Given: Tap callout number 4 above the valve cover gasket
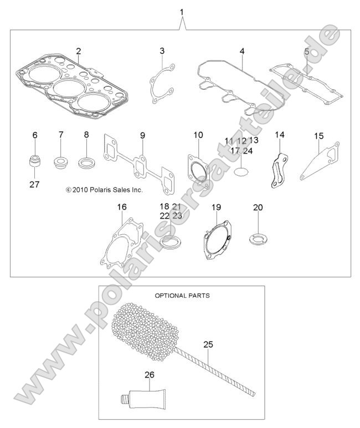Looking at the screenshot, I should coord(242,51).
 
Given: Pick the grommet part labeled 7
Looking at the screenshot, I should coord(61,163).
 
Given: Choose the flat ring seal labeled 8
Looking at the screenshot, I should coord(86,163).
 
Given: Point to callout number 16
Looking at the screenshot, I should coord(122,207).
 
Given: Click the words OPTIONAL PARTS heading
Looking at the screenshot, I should coord(182,295).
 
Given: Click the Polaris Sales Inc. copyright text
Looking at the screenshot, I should coord(104,190).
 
